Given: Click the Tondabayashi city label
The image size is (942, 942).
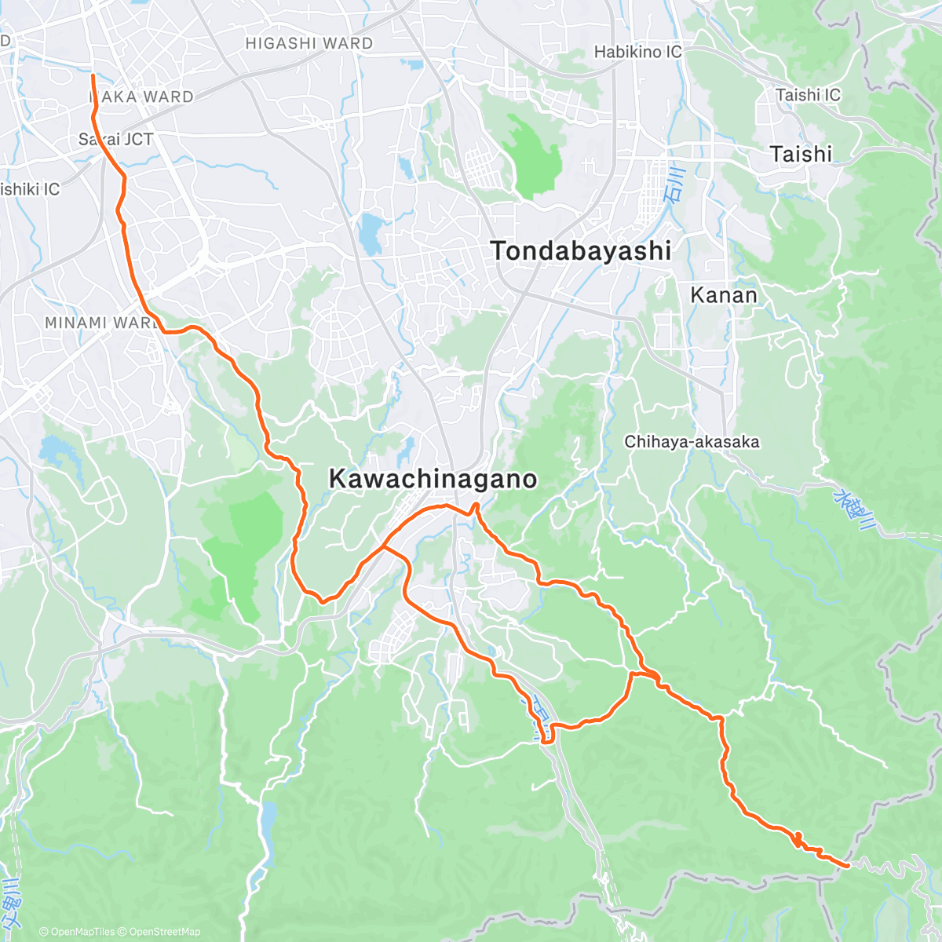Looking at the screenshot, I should (x=581, y=251).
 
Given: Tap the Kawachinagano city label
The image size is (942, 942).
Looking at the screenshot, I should (x=433, y=478).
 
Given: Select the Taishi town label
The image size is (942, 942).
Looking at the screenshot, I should (x=801, y=154).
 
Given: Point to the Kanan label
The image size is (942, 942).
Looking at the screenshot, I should (x=724, y=295).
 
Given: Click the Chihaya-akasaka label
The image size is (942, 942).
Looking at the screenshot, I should (x=692, y=442).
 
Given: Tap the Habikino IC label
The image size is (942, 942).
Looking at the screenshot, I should (x=637, y=53).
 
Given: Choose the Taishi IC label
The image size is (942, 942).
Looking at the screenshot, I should (x=808, y=95).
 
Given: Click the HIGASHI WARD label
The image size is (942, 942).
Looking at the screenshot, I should (x=309, y=44).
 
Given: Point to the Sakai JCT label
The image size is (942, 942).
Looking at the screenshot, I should (x=116, y=140).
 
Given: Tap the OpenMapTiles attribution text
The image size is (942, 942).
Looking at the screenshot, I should (x=77, y=932).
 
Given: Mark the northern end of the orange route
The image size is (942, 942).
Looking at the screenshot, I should (x=93, y=75).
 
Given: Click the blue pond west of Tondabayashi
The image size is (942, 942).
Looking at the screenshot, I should (x=367, y=234).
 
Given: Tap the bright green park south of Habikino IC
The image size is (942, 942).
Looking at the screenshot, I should (x=534, y=157).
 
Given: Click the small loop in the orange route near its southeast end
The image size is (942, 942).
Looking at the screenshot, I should (x=798, y=839).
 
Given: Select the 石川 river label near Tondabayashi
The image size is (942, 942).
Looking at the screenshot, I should (x=674, y=185).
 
